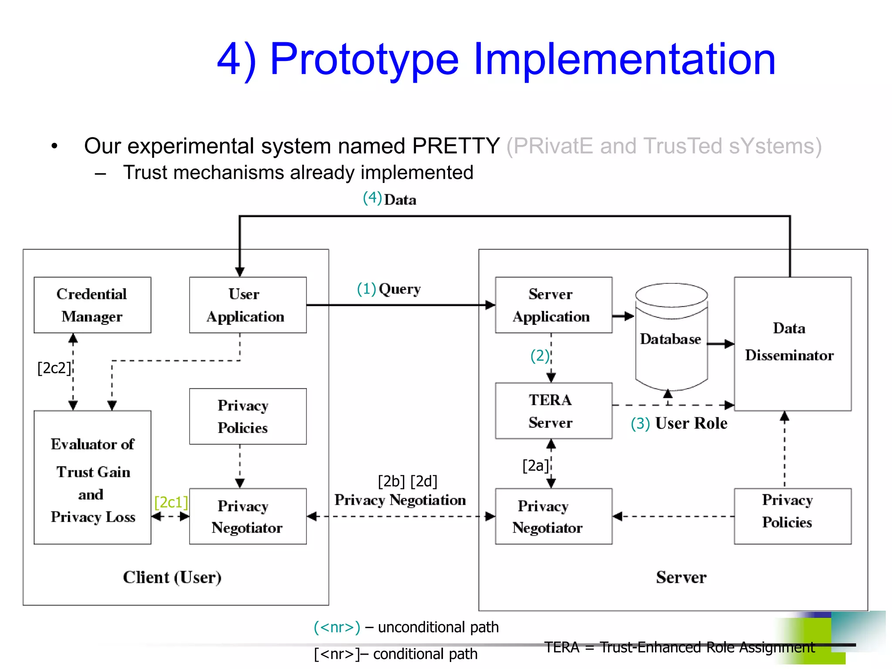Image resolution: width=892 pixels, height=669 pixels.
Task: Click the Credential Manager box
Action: pyautogui.click(x=92, y=305)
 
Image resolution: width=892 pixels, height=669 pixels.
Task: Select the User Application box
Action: pyautogui.click(x=247, y=305)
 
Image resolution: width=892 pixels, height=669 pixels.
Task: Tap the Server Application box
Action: pyautogui.click(x=553, y=305)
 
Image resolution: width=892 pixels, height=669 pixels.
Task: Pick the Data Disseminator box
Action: pyautogui.click(x=792, y=343)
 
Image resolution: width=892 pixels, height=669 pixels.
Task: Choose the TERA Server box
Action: pyautogui.click(x=553, y=411)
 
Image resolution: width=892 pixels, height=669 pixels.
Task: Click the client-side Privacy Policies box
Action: pyautogui.click(x=247, y=416)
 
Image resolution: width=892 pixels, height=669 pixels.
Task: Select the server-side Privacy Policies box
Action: pyautogui.click(x=792, y=516)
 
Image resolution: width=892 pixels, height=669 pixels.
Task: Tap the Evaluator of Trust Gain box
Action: pyautogui.click(x=92, y=477)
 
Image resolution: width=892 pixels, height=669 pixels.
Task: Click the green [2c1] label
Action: pyautogui.click(x=171, y=502)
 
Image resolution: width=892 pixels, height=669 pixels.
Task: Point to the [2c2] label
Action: pyautogui.click(x=54, y=368)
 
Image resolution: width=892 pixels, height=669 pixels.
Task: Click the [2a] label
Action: pyautogui.click(x=535, y=465)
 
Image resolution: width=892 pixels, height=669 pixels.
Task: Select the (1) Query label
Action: pyautogui.click(x=389, y=289)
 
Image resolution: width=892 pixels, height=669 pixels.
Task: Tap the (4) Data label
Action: pyautogui.click(x=389, y=199)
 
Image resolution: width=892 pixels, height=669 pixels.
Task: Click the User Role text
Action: pyautogui.click(x=691, y=423)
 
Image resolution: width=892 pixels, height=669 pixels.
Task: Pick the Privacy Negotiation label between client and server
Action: pyautogui.click(x=400, y=500)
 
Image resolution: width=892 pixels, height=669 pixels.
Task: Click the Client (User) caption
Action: pyautogui.click(x=172, y=577)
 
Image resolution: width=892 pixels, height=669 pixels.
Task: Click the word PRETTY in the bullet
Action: pyautogui.click(x=456, y=145)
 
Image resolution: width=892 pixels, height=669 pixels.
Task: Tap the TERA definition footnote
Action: pyautogui.click(x=679, y=647)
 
